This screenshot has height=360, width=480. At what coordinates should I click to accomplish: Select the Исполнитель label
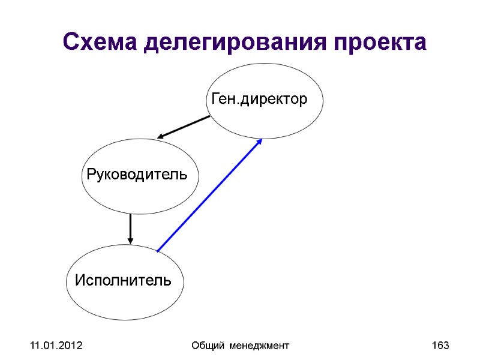(123, 280)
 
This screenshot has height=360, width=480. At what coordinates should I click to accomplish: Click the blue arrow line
(210, 194)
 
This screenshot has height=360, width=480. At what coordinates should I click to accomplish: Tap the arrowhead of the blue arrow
(260, 142)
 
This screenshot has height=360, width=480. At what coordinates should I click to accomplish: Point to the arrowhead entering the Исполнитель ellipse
(130, 241)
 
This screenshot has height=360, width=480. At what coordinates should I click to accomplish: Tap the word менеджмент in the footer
(259, 346)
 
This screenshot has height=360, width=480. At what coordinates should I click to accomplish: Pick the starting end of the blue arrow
(158, 250)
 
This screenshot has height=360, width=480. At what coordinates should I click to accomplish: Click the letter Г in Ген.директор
(212, 99)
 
